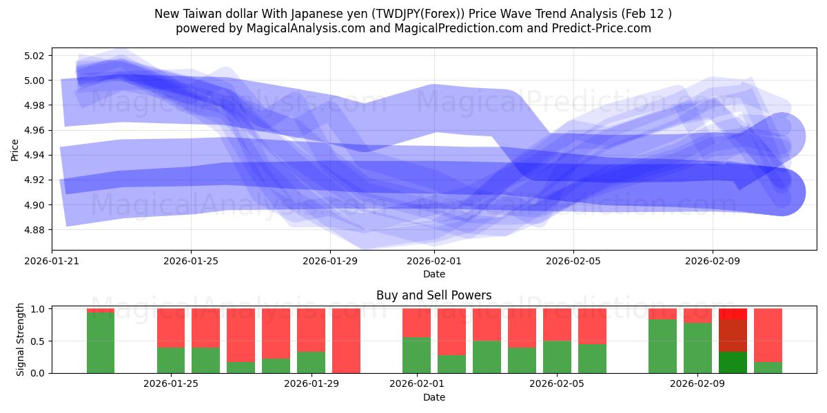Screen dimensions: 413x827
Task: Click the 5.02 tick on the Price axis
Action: click(34, 56)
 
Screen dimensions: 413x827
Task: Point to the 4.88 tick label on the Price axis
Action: click(34, 230)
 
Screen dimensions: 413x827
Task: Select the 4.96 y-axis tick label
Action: click(34, 130)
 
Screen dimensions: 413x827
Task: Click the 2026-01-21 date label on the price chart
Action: click(52, 261)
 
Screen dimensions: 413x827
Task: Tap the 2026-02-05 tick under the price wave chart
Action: click(573, 261)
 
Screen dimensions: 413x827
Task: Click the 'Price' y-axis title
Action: click(15, 149)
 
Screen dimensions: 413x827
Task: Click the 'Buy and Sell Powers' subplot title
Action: click(433, 295)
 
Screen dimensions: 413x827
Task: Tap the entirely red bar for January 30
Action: click(346, 341)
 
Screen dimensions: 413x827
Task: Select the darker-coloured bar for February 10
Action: click(733, 341)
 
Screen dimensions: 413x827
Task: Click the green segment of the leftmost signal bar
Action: click(101, 343)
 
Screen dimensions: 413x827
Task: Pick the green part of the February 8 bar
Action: click(662, 346)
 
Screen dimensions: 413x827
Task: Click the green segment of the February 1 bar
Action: click(416, 355)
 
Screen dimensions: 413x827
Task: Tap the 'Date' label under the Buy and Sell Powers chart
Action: click(433, 397)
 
